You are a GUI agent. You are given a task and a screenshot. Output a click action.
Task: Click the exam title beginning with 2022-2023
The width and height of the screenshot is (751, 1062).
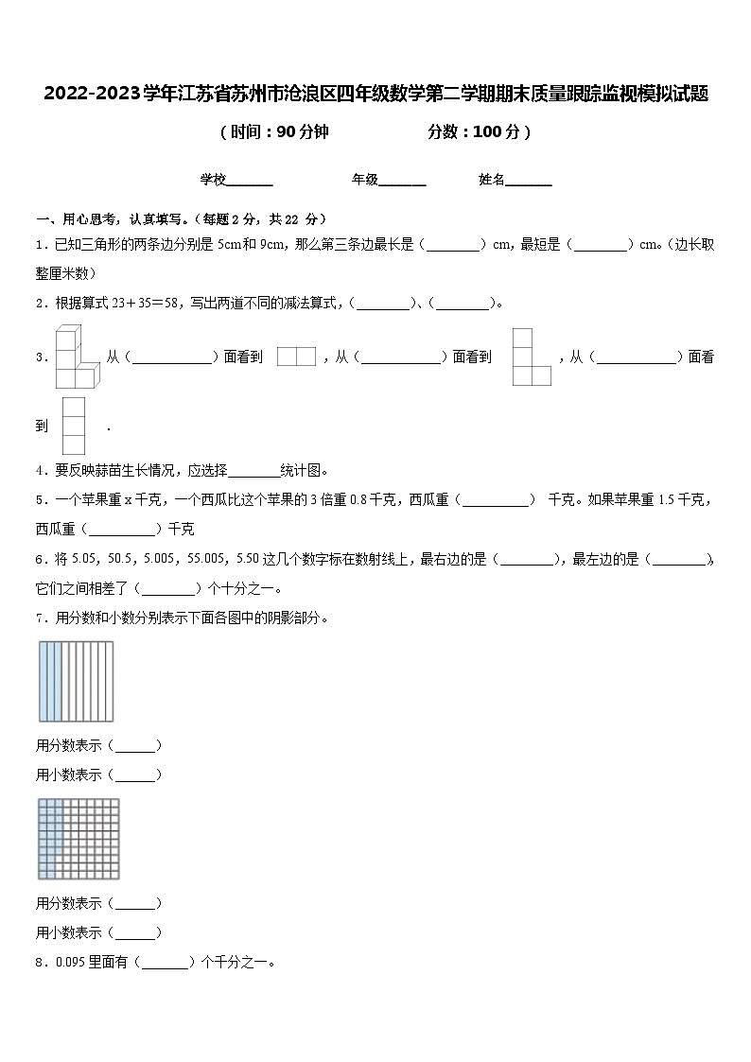(x=375, y=95)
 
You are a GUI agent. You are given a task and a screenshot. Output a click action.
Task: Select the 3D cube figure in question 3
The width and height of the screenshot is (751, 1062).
(x=73, y=357)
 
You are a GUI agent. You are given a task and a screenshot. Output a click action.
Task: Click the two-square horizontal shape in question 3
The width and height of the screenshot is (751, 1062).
(x=296, y=357)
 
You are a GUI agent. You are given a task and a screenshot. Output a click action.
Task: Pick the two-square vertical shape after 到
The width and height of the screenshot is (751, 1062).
(x=74, y=426)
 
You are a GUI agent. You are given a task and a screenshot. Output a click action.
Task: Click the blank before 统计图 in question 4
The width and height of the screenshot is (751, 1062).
(x=254, y=471)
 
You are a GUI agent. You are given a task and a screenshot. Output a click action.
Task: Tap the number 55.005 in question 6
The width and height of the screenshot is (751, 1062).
(x=203, y=560)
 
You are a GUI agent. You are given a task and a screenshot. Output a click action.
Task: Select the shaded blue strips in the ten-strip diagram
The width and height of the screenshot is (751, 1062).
(x=50, y=681)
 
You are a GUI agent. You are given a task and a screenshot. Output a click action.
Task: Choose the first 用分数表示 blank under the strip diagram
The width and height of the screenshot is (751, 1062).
(x=136, y=746)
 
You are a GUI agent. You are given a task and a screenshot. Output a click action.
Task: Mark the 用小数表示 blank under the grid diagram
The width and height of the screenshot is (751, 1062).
(x=136, y=933)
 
